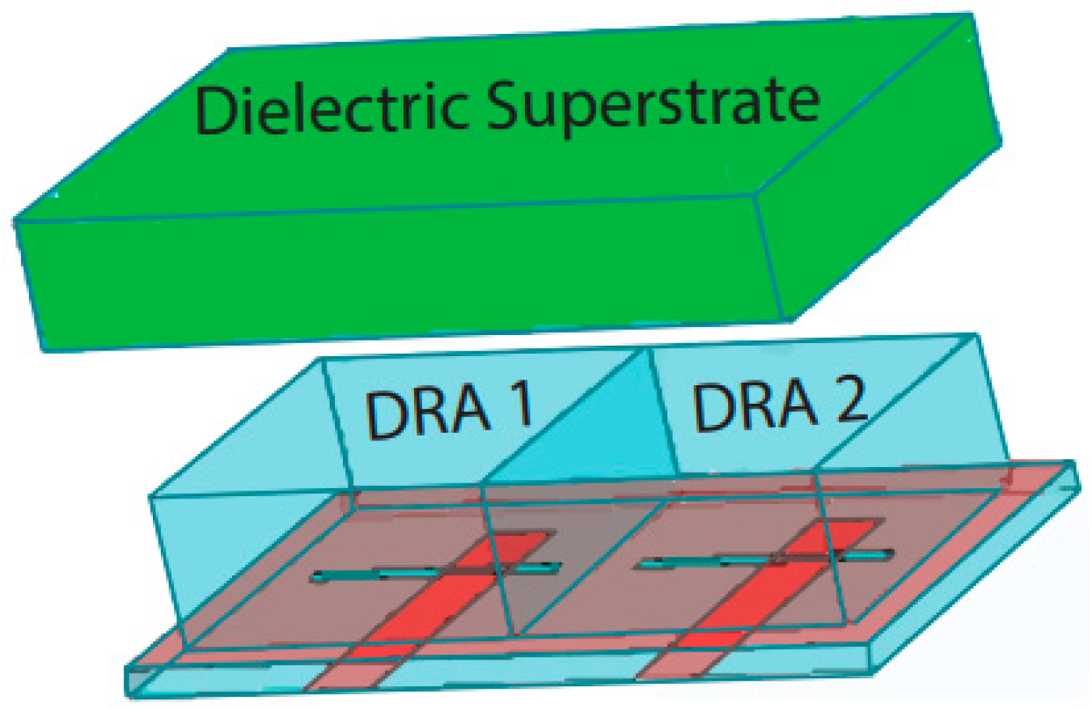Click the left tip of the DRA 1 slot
click(x=318, y=577)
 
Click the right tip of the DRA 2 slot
click(x=890, y=554)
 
